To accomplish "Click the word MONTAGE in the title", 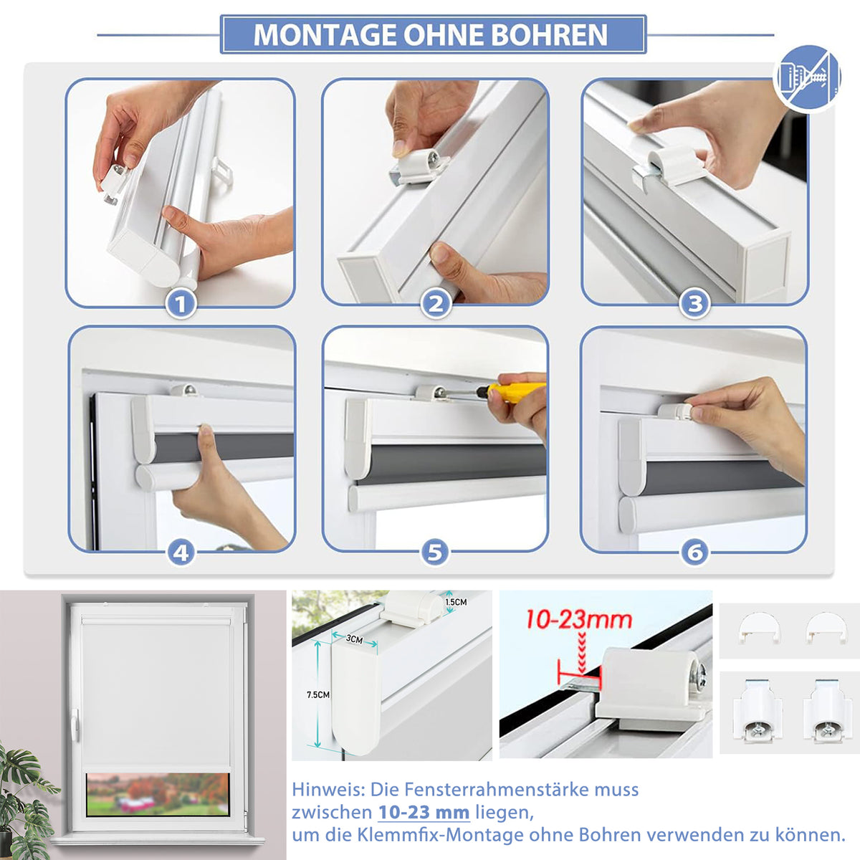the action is pos(325,35).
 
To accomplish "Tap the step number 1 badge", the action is pos(181,305).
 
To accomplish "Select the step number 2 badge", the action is pos(436,305).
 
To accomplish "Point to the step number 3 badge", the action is pos(694,305).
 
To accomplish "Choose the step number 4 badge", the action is pos(181,553).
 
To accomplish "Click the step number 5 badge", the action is pos(435,553).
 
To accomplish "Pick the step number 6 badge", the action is pos(694,553).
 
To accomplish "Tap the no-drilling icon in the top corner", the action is pos(807,78).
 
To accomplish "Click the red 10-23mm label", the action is pos(579,620).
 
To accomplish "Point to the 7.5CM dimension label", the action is pos(317,695).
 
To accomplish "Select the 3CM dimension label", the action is pos(354,639).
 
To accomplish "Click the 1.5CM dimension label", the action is pos(456,602).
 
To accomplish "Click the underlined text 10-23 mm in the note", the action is pos(424,812).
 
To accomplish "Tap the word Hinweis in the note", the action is pos(328,790).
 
